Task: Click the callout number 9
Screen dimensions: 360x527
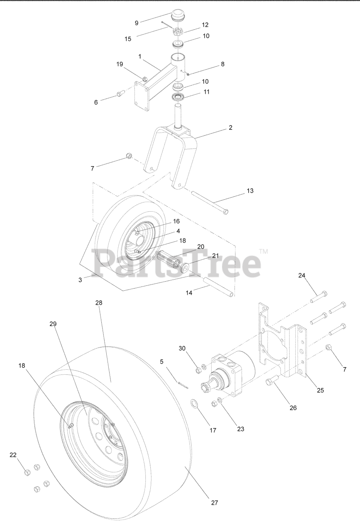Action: pyautogui.click(x=136, y=23)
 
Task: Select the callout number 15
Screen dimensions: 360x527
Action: pyautogui.click(x=128, y=39)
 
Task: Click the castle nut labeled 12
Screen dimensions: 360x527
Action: pyautogui.click(x=178, y=31)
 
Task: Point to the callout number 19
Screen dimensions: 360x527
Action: pyautogui.click(x=119, y=64)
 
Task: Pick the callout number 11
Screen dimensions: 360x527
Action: pyautogui.click(x=206, y=92)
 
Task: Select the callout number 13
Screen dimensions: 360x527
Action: pyautogui.click(x=250, y=191)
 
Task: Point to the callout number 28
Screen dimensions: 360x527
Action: pyautogui.click(x=98, y=303)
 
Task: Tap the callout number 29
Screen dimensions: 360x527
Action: pyautogui.click(x=53, y=324)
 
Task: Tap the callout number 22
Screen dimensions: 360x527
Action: pyautogui.click(x=13, y=455)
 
